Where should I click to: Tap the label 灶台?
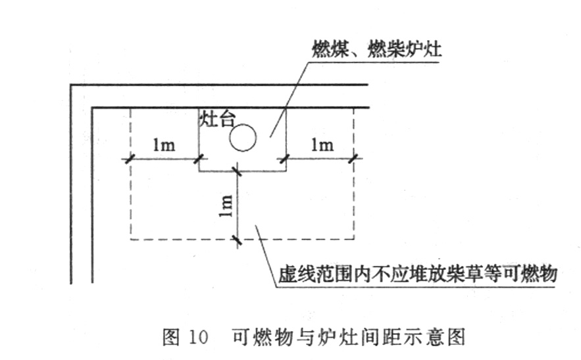218,118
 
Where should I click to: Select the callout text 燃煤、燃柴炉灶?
377,49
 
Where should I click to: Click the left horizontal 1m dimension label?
164,145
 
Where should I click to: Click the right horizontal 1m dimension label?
322,144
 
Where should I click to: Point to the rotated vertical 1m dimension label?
226,206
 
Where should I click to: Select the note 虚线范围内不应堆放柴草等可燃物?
418,274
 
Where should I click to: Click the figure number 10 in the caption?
198,337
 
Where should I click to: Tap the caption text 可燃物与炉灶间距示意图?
349,337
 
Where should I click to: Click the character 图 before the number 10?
171,337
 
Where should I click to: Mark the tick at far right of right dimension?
353,159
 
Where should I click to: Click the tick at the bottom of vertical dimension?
237,240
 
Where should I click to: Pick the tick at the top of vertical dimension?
237,171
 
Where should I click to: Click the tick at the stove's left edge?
199,159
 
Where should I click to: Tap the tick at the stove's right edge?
284,159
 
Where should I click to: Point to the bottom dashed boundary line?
242,240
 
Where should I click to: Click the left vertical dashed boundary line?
130,174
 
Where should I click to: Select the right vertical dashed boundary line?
354,174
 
